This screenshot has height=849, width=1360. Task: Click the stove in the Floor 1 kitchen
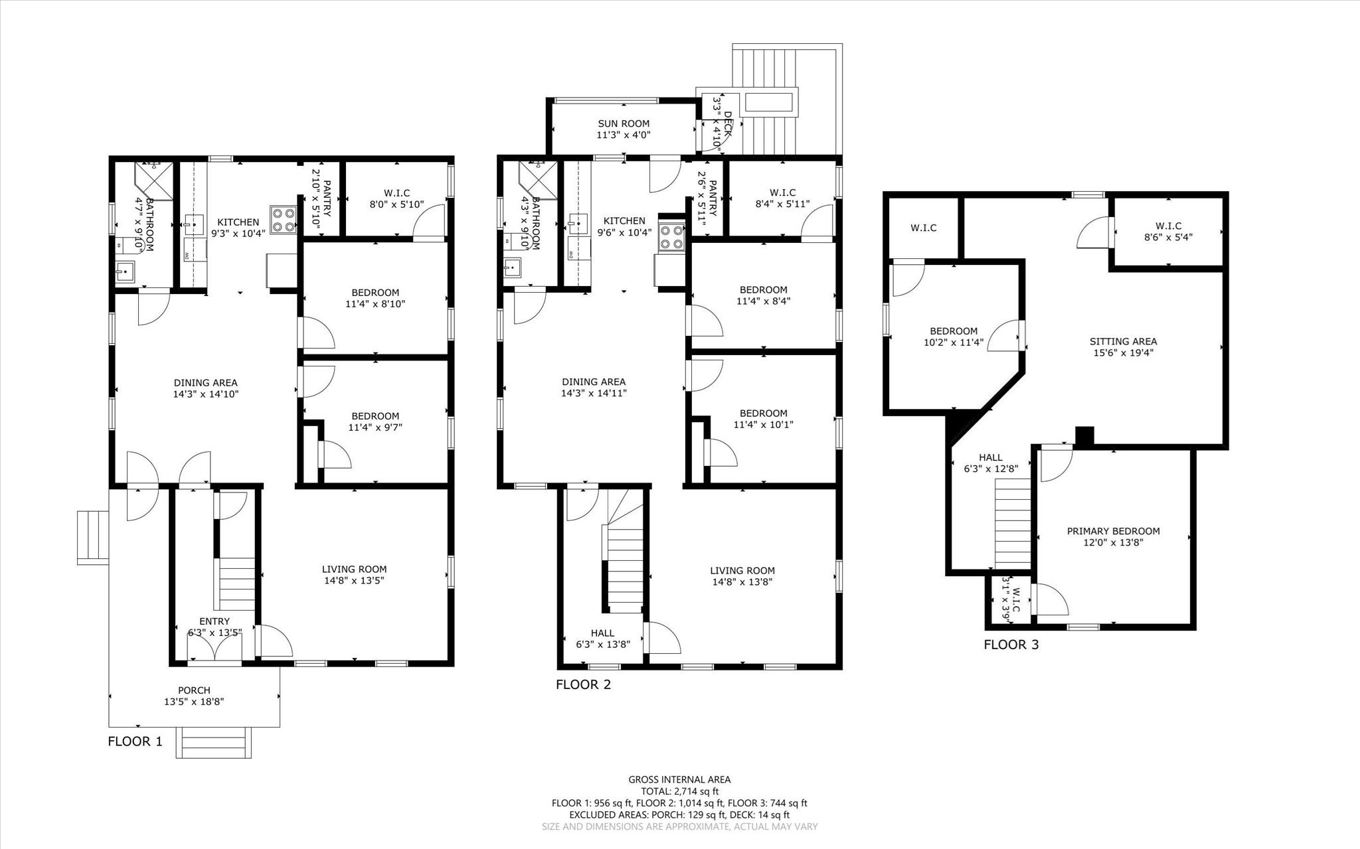point(283,220)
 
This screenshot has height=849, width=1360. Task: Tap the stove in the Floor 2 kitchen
point(671,237)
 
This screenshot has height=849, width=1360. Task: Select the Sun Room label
point(623,123)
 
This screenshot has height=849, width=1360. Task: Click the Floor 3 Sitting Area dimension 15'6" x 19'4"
point(1123,352)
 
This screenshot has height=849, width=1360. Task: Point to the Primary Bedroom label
point(1113,531)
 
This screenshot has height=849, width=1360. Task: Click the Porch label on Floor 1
point(194,690)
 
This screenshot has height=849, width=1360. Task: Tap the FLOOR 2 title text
point(583,684)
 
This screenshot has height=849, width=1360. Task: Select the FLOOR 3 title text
point(1011,644)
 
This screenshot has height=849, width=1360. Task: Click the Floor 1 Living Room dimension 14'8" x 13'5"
point(354,580)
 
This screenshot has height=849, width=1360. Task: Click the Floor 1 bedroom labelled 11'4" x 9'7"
point(375,422)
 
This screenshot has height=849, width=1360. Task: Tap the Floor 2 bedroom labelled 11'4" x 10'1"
point(763,419)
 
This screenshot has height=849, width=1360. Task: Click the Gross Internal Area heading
point(679,779)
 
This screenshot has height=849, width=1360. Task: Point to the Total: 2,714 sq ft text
point(679,791)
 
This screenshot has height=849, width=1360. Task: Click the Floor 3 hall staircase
point(1012,524)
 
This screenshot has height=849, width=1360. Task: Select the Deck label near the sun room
point(728,124)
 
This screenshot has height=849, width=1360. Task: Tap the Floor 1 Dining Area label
point(205,383)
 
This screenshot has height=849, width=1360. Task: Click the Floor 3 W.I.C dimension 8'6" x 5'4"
point(1168,237)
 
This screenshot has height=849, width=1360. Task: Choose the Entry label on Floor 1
point(214,621)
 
